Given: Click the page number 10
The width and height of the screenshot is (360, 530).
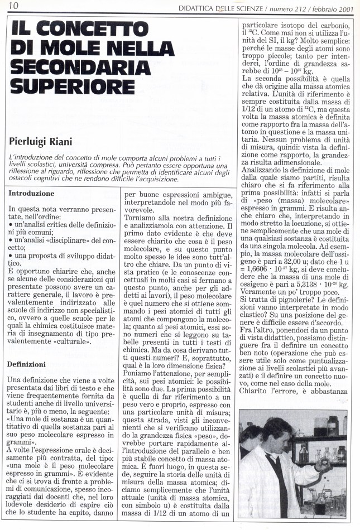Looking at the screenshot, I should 13,6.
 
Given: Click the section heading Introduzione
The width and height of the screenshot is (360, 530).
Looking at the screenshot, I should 31,194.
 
